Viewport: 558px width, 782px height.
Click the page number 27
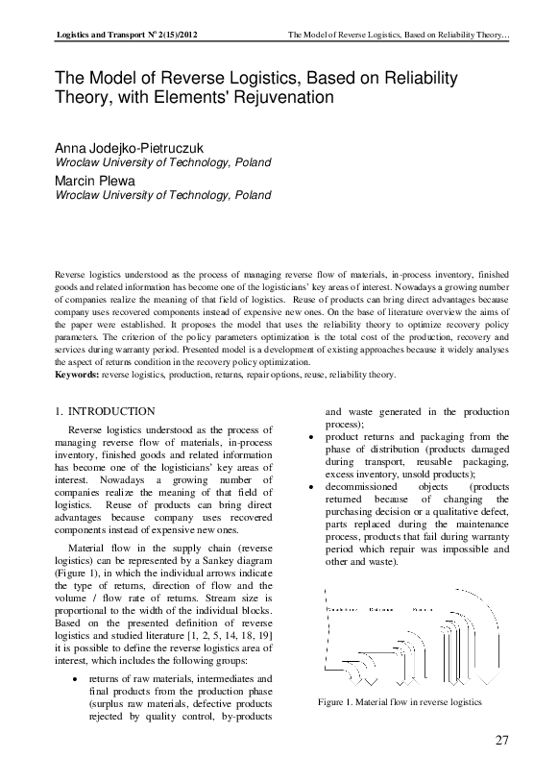pyautogui.click(x=501, y=740)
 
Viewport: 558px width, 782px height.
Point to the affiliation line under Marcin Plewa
pyautogui.click(x=162, y=195)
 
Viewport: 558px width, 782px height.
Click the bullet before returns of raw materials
pyautogui.click(x=76, y=679)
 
